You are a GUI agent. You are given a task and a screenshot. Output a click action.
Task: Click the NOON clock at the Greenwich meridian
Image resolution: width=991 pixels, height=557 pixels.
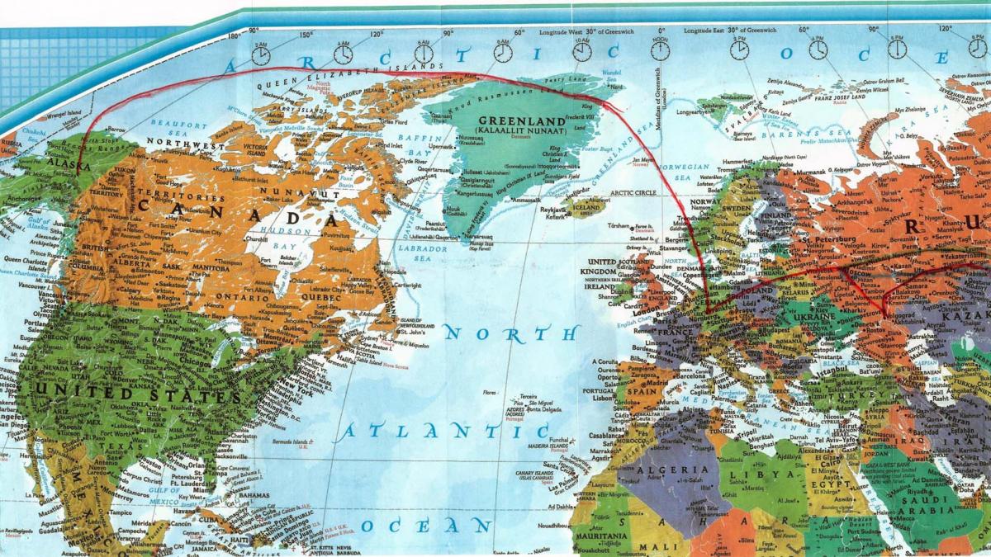[x=659, y=51]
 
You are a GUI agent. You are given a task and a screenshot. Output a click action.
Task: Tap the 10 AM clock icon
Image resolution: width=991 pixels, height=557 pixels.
[x=581, y=51]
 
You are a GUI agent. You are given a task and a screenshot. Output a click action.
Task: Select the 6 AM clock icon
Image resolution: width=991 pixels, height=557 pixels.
[x=423, y=53]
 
